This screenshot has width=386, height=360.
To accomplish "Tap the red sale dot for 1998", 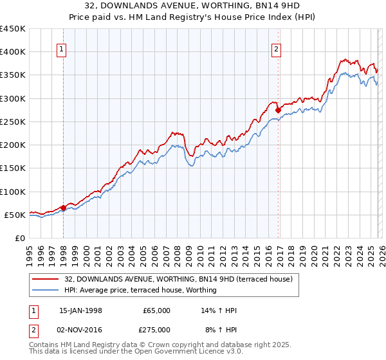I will [x=64, y=208].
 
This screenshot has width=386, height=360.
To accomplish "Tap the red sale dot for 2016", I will [x=278, y=110].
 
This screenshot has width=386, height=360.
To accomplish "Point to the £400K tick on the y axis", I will [x=13, y=52].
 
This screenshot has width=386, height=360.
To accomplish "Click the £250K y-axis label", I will [x=13, y=122].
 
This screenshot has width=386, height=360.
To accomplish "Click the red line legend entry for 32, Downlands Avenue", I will [x=179, y=279].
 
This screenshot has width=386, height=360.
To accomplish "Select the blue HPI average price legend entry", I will [x=140, y=290].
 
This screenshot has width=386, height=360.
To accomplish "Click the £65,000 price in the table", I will [x=156, y=310].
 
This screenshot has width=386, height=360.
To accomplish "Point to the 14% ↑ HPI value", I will [x=219, y=310].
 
